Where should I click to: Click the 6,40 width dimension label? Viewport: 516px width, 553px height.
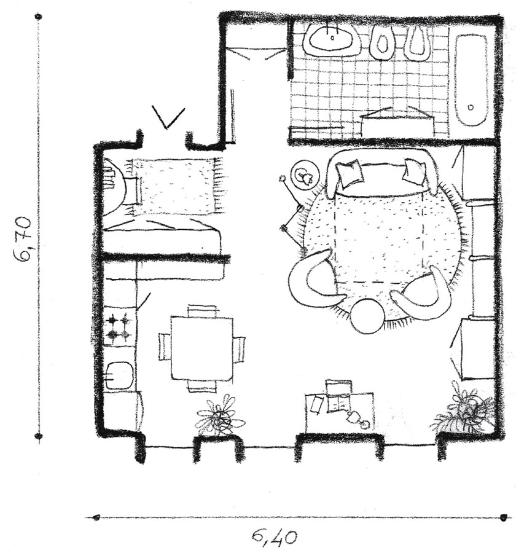click(275, 537)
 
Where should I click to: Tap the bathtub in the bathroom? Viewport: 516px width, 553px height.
click(471, 84)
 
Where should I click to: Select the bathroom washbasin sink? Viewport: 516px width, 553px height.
click(332, 39)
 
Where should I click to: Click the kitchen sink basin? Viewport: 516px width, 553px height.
click(120, 375)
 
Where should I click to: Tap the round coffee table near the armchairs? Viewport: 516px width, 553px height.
click(367, 316)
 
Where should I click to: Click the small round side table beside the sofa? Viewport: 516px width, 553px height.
click(306, 176)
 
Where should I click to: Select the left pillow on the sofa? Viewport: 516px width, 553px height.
click(349, 173)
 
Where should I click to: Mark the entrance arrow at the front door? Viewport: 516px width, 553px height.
click(168, 117)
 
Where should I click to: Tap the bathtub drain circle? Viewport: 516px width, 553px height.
click(471, 106)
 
